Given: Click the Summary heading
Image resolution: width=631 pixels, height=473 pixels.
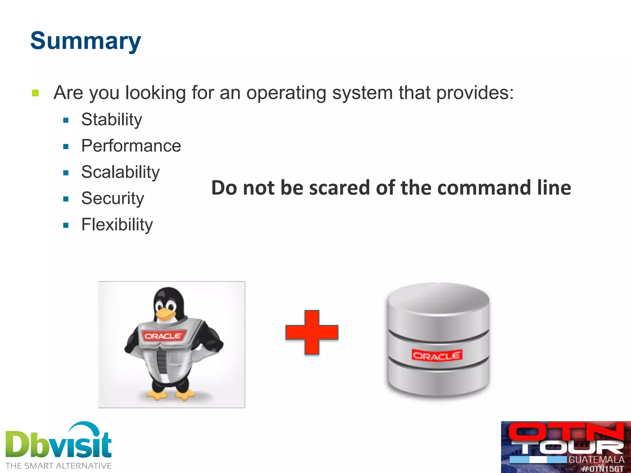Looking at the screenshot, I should pos(86,41).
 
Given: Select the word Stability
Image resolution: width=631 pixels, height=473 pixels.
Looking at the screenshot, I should pos(112,119).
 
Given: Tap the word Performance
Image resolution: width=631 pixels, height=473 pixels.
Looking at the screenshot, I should pos(131,146).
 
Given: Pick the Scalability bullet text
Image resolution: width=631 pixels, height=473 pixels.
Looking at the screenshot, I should pos(120,172).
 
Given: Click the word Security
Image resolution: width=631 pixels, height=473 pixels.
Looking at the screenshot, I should pos(112,198).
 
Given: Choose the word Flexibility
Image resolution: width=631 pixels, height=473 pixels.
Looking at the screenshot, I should pos(117,224).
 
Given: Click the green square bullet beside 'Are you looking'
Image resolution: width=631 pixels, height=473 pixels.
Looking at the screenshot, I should pos(35,93).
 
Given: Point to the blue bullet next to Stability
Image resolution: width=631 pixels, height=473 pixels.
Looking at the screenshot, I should pos(66,120).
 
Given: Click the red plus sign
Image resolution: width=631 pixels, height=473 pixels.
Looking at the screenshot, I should pos(312,332).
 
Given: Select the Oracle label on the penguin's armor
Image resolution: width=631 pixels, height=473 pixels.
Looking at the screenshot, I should pos(163,336).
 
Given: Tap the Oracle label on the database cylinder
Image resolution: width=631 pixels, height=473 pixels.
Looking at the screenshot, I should pos(437,356).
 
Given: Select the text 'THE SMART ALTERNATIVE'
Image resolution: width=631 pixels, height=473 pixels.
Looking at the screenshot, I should pos(59,466).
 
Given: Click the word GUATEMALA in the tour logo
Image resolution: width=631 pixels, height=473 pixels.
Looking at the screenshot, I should pos(596,460).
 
